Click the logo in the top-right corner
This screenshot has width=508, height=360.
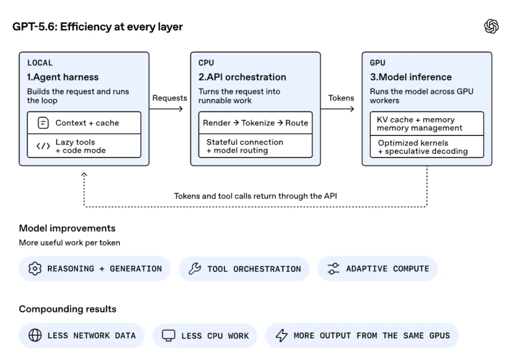pyautogui.click(x=491, y=26)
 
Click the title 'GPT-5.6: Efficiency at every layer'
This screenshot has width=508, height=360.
pyautogui.click(x=97, y=26)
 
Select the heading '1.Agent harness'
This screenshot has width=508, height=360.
pyautogui.click(x=63, y=77)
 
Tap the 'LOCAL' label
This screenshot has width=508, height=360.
pyautogui.click(x=40, y=63)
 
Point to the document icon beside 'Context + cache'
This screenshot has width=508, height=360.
pyautogui.click(x=43, y=123)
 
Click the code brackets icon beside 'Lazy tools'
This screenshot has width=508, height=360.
pyautogui.click(x=43, y=146)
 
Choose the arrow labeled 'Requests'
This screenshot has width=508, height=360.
pyautogui.click(x=166, y=109)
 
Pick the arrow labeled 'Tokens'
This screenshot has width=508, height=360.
pyautogui.click(x=337, y=109)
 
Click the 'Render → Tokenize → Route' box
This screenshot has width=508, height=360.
pyautogui.click(x=255, y=123)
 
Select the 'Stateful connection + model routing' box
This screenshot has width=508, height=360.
pyautogui.click(x=255, y=146)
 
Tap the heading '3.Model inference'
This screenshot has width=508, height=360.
pyautogui.click(x=411, y=77)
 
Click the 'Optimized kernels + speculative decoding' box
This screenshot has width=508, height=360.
pyautogui.click(x=427, y=147)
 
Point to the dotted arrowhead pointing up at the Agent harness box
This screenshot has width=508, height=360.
pyautogui.click(x=84, y=175)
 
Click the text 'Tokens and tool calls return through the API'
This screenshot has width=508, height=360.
pyautogui.click(x=255, y=196)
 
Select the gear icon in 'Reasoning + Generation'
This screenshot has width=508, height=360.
pyautogui.click(x=35, y=269)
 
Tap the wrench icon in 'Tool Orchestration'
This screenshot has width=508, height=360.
pyautogui.click(x=195, y=269)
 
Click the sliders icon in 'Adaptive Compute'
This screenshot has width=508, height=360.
pyautogui.click(x=333, y=269)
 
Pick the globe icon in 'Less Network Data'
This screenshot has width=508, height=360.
pyautogui.click(x=35, y=336)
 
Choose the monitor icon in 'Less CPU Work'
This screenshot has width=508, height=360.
pyautogui.click(x=168, y=336)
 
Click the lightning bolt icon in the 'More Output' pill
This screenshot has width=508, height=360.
pyautogui.click(x=282, y=336)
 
